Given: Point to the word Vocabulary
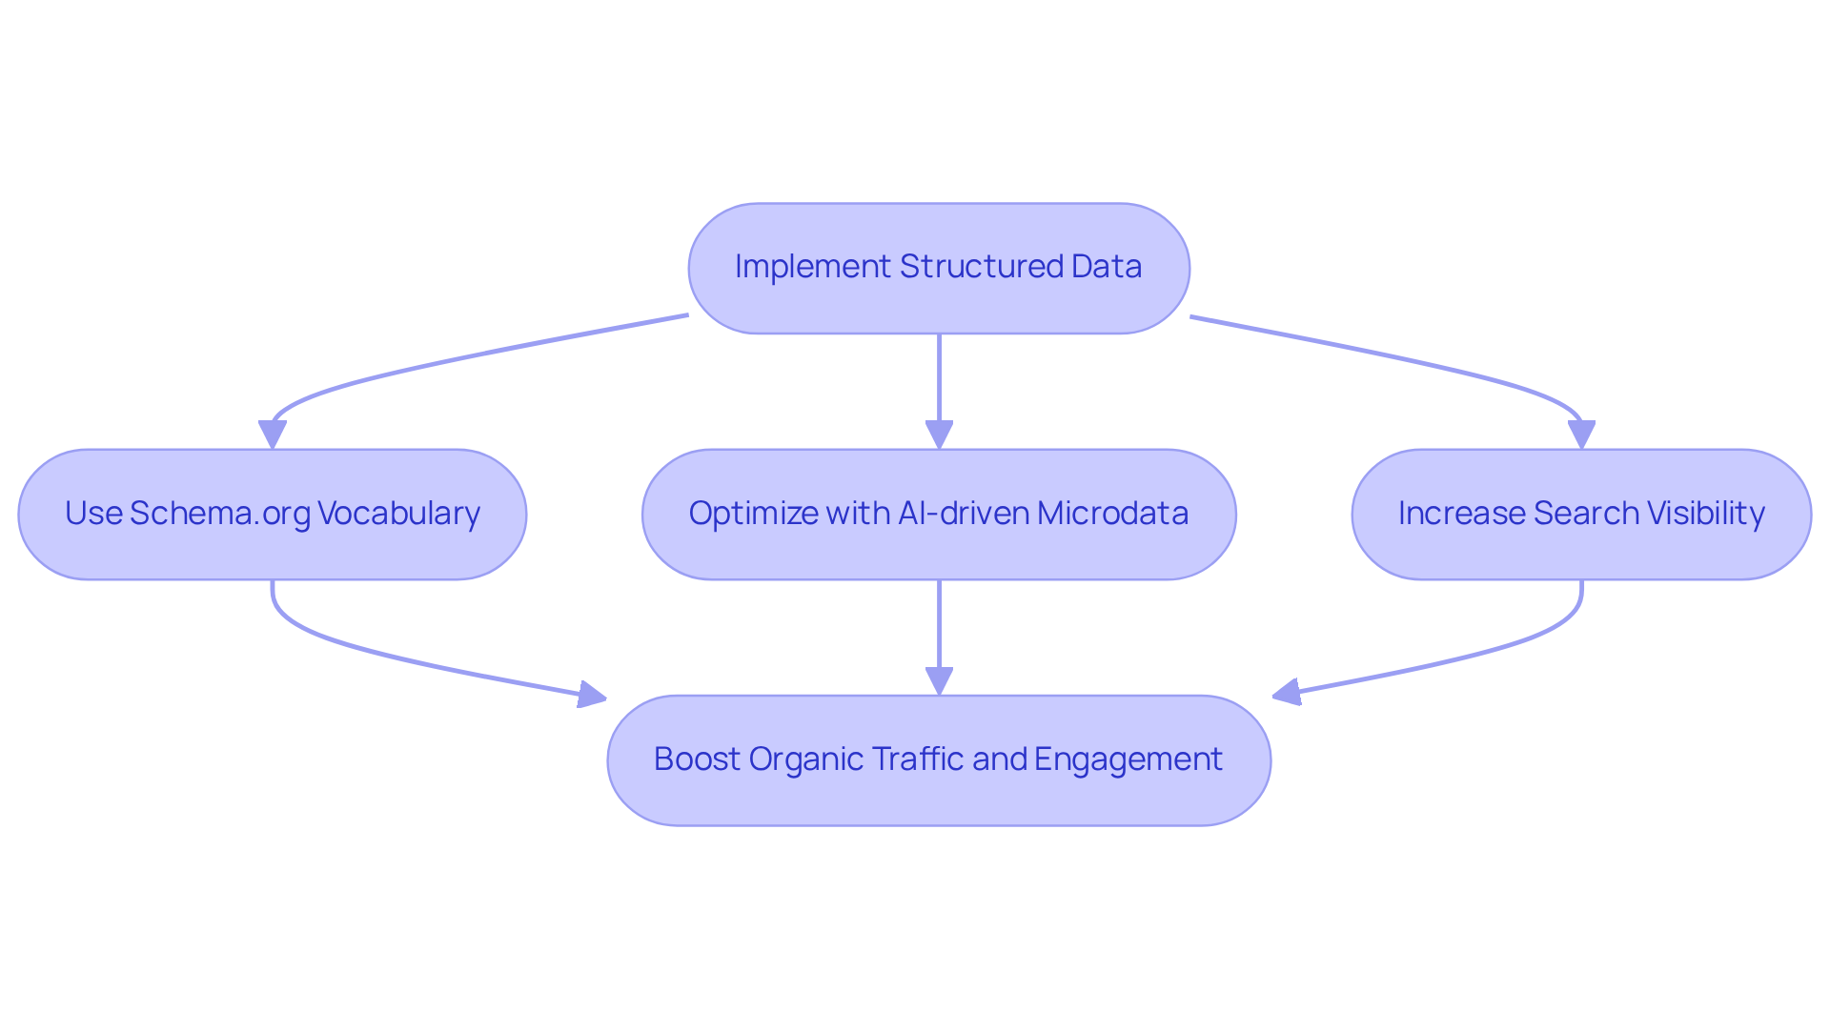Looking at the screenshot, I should (x=398, y=514).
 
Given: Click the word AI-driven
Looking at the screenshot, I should (x=963, y=514).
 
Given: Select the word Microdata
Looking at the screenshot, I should (x=1112, y=514).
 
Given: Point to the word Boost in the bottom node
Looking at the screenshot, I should (x=697, y=759).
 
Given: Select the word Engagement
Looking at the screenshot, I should (x=1128, y=759).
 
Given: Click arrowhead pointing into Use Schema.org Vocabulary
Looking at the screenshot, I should (x=273, y=435).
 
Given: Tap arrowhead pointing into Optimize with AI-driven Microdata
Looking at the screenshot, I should (x=939, y=435).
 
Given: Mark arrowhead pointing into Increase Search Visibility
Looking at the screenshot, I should (x=1581, y=435).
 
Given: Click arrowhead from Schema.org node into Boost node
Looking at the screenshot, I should (x=592, y=696).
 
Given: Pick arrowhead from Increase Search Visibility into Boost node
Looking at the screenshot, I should (x=1287, y=693).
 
